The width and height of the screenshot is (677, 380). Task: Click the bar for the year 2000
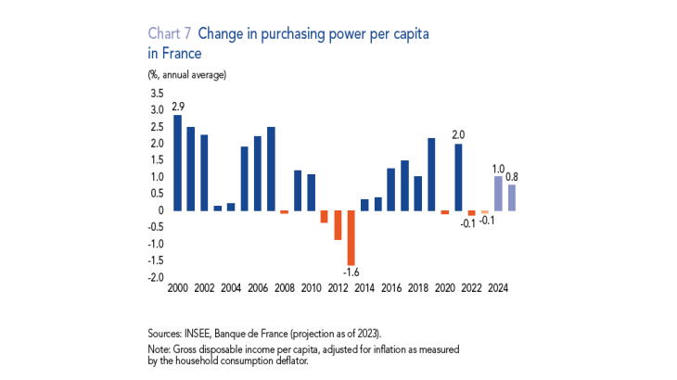pyautogui.click(x=177, y=162)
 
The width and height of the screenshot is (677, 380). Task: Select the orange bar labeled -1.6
pyautogui.click(x=351, y=237)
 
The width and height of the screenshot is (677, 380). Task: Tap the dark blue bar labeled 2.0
pyautogui.click(x=458, y=177)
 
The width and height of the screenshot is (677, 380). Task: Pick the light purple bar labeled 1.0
pyautogui.click(x=498, y=193)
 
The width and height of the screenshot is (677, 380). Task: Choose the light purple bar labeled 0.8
pyautogui.click(x=512, y=197)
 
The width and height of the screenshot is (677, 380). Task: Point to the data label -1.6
pyautogui.click(x=351, y=272)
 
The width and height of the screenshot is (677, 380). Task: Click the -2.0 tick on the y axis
pyautogui.click(x=155, y=277)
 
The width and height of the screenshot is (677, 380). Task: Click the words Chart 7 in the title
pyautogui.click(x=167, y=33)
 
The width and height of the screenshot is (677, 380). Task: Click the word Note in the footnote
pyautogui.click(x=159, y=347)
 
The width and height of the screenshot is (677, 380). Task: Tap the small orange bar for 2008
pyautogui.click(x=284, y=212)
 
